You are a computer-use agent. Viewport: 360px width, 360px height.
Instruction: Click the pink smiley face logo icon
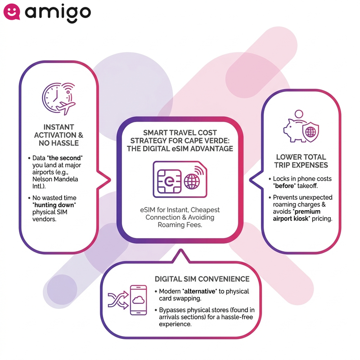coord(12,12)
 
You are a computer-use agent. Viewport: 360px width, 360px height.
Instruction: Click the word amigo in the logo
coord(58,13)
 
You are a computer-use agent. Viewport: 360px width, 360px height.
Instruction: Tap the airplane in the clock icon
coord(66,108)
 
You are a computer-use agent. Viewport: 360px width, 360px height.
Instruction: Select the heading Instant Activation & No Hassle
coord(58,135)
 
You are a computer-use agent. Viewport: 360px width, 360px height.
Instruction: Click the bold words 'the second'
coord(65,158)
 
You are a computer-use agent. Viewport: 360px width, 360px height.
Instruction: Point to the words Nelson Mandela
coord(55,179)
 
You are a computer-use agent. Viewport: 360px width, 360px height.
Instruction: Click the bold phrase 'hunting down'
coord(54,205)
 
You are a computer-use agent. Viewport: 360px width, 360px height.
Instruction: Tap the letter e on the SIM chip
coord(169,181)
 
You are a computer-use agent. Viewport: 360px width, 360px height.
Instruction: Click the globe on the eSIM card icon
coord(192,181)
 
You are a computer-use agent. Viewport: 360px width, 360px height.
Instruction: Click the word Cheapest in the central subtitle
coord(205,210)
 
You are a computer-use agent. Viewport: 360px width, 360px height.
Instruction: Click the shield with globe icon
coord(310,132)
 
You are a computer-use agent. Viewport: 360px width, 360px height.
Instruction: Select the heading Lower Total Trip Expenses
coord(301,161)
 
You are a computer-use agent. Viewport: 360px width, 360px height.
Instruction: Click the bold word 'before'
coord(284,186)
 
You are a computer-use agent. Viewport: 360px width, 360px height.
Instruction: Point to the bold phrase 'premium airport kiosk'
coord(296,215)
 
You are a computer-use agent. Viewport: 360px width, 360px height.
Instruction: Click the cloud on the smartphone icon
coord(139,300)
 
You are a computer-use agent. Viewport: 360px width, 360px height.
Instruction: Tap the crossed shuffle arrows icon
coord(118,300)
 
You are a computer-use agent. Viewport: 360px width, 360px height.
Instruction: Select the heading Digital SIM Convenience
coord(202,279)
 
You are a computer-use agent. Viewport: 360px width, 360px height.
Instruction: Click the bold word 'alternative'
coord(200,291)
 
